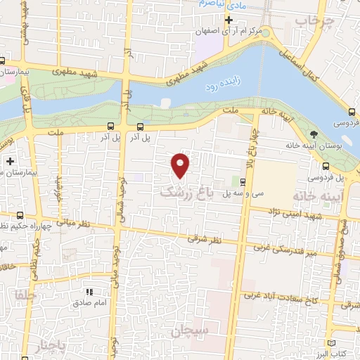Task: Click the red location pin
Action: coord(181,165)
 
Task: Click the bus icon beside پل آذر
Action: coord(141,127)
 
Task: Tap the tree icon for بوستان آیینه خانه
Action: coord(314,134)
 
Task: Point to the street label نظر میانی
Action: coord(71,223)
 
